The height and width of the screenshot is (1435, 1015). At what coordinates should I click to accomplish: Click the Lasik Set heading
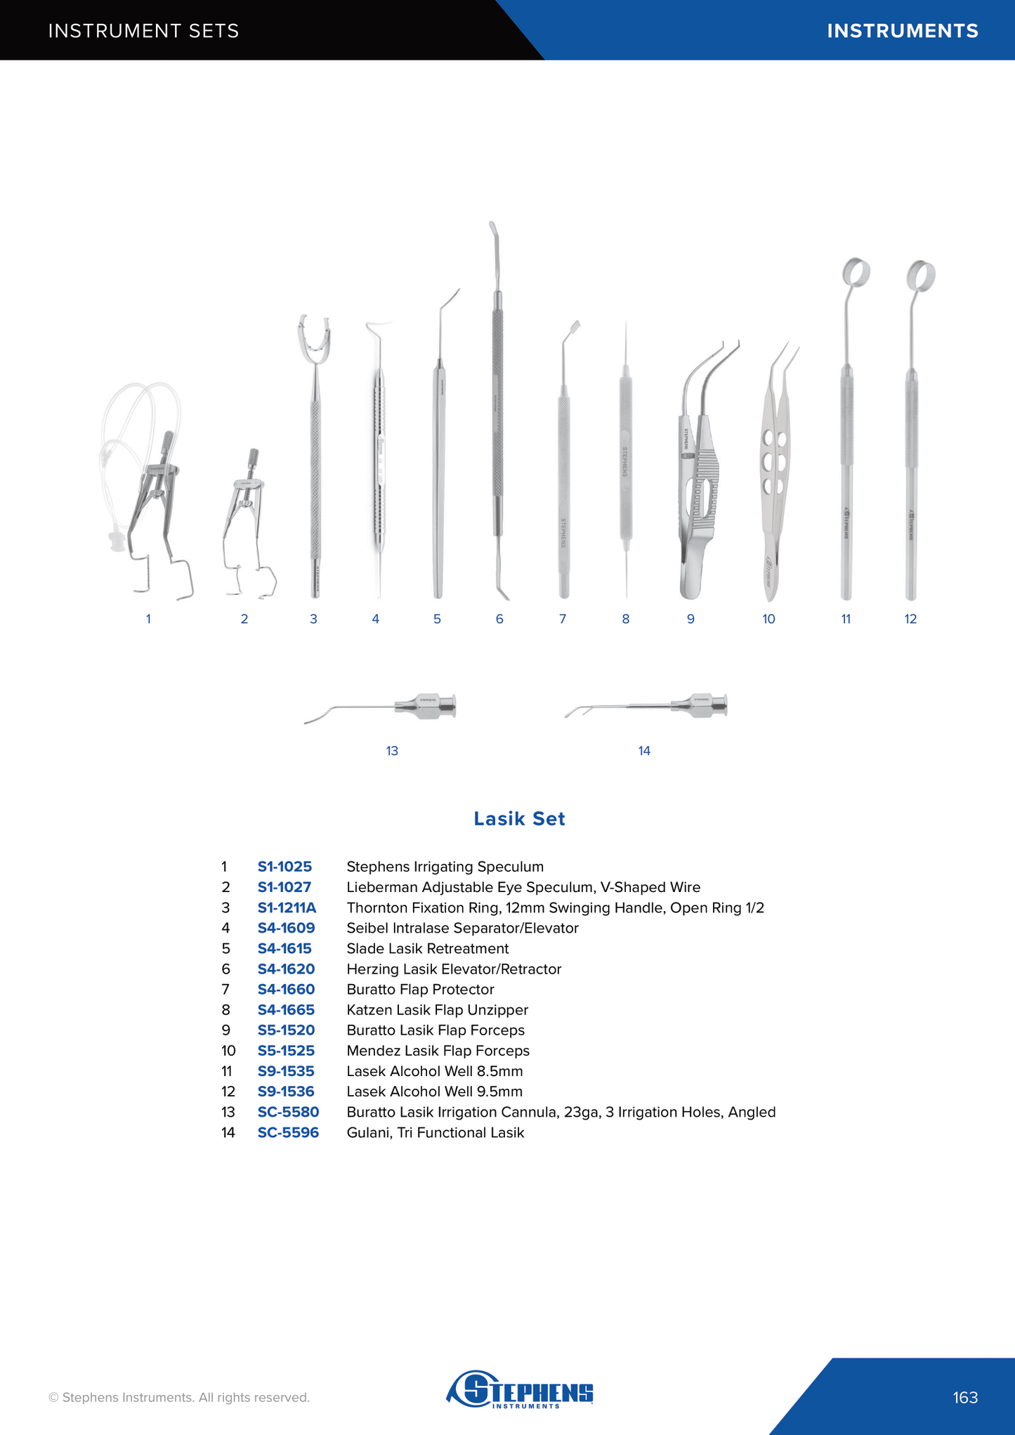(519, 818)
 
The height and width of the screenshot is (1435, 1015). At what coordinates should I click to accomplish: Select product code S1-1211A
(287, 907)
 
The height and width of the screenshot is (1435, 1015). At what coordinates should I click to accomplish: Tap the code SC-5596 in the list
(288, 1132)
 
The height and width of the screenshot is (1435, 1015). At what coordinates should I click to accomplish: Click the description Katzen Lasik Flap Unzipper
(437, 1009)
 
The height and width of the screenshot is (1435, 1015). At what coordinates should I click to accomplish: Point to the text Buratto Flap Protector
(420, 989)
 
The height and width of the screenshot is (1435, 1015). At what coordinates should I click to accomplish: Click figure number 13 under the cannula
(392, 751)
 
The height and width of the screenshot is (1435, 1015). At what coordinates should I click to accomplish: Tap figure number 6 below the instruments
(499, 619)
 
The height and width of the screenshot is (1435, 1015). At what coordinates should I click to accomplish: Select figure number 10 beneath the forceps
(768, 619)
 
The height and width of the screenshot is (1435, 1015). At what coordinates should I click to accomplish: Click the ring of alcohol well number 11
(856, 273)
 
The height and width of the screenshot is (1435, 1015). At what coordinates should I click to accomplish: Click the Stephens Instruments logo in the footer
(520, 1389)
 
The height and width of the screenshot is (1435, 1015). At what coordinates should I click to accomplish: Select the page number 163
(965, 1397)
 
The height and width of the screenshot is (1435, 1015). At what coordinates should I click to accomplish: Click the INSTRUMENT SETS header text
(143, 31)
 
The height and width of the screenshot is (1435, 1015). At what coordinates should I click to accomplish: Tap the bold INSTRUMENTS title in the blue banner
(902, 31)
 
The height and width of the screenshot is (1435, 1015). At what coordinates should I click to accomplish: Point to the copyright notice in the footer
(179, 1397)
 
